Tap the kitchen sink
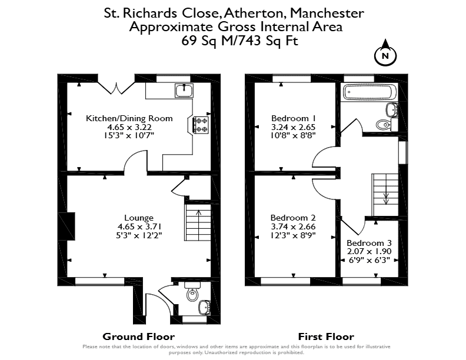point(184,91)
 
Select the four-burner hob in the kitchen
point(201,125)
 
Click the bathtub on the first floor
point(370,92)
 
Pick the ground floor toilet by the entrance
point(192,292)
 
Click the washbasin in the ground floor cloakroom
point(205,307)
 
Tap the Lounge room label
point(139,218)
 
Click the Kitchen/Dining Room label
point(129,118)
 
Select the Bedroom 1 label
point(294,118)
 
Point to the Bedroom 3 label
point(369,243)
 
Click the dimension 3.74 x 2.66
point(293,226)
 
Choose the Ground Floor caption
point(138,336)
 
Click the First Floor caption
point(326,336)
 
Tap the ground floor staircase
point(198,222)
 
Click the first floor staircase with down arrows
point(385,195)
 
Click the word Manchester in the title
point(327,13)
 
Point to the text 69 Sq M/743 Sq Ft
point(239,41)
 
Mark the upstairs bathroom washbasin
point(392,109)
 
